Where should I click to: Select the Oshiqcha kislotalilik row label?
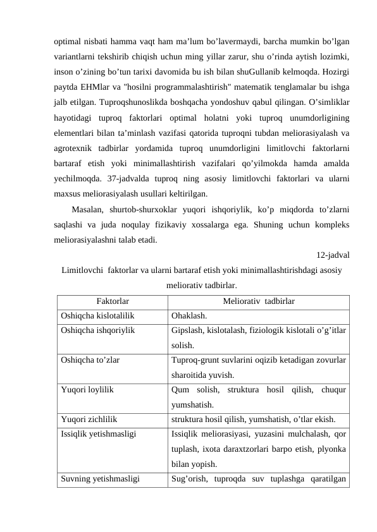click(97, 316)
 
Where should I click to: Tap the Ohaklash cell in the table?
click(188, 316)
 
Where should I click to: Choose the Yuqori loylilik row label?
click(87, 390)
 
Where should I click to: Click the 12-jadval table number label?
click(333, 256)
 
